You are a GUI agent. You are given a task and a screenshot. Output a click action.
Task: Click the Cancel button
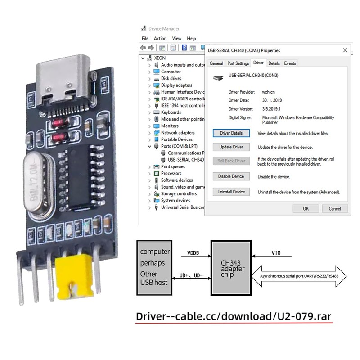click(334, 208)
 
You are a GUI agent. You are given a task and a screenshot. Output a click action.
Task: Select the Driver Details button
click(231, 133)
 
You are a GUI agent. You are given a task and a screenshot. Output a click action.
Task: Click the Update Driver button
click(231, 147)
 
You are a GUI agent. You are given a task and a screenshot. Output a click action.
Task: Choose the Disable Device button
click(231, 176)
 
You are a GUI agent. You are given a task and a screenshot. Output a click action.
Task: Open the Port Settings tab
click(238, 63)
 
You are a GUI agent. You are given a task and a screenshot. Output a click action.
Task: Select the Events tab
click(290, 63)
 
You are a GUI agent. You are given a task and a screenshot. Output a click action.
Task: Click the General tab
click(216, 63)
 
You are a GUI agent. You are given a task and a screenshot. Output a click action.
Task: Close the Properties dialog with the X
click(345, 50)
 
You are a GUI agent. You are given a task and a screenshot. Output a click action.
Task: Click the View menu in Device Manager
click(177, 39)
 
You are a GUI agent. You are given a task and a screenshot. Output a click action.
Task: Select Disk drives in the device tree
click(171, 78)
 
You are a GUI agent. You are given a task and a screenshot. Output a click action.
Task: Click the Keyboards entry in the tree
click(171, 112)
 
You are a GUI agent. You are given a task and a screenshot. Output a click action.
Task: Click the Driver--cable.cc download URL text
click(234, 316)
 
